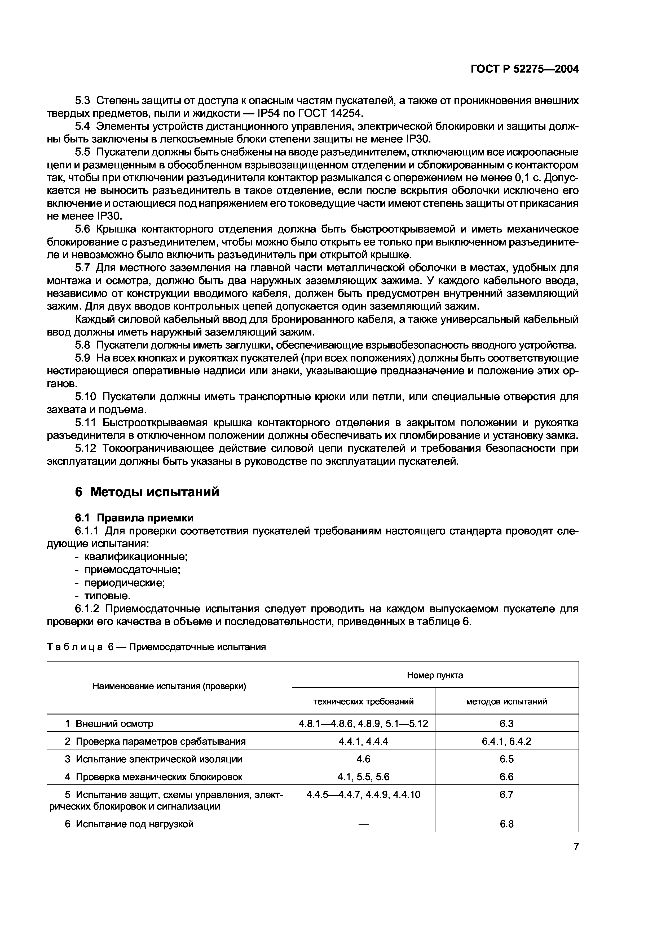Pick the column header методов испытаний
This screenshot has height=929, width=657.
tap(506, 701)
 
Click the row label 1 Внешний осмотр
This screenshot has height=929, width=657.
tap(109, 723)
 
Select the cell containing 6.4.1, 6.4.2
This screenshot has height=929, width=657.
tap(506, 741)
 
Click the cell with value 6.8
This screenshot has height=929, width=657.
tap(506, 824)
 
